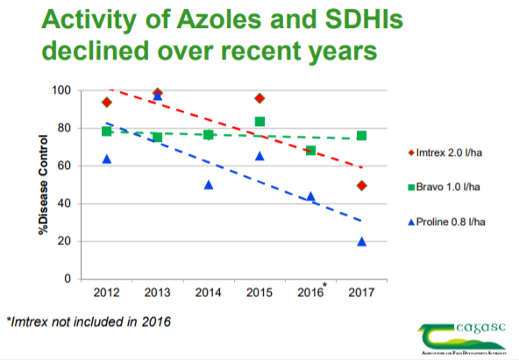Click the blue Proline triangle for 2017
click(361, 242)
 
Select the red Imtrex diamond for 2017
click(361, 186)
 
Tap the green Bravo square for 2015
click(259, 122)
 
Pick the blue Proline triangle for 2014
click(209, 185)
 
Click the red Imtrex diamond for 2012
click(107, 102)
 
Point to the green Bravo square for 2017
click(361, 136)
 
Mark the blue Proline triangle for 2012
click(107, 159)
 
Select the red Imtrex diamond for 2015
click(259, 98)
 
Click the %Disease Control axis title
click(32, 184)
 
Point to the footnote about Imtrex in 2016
click(88, 321)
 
